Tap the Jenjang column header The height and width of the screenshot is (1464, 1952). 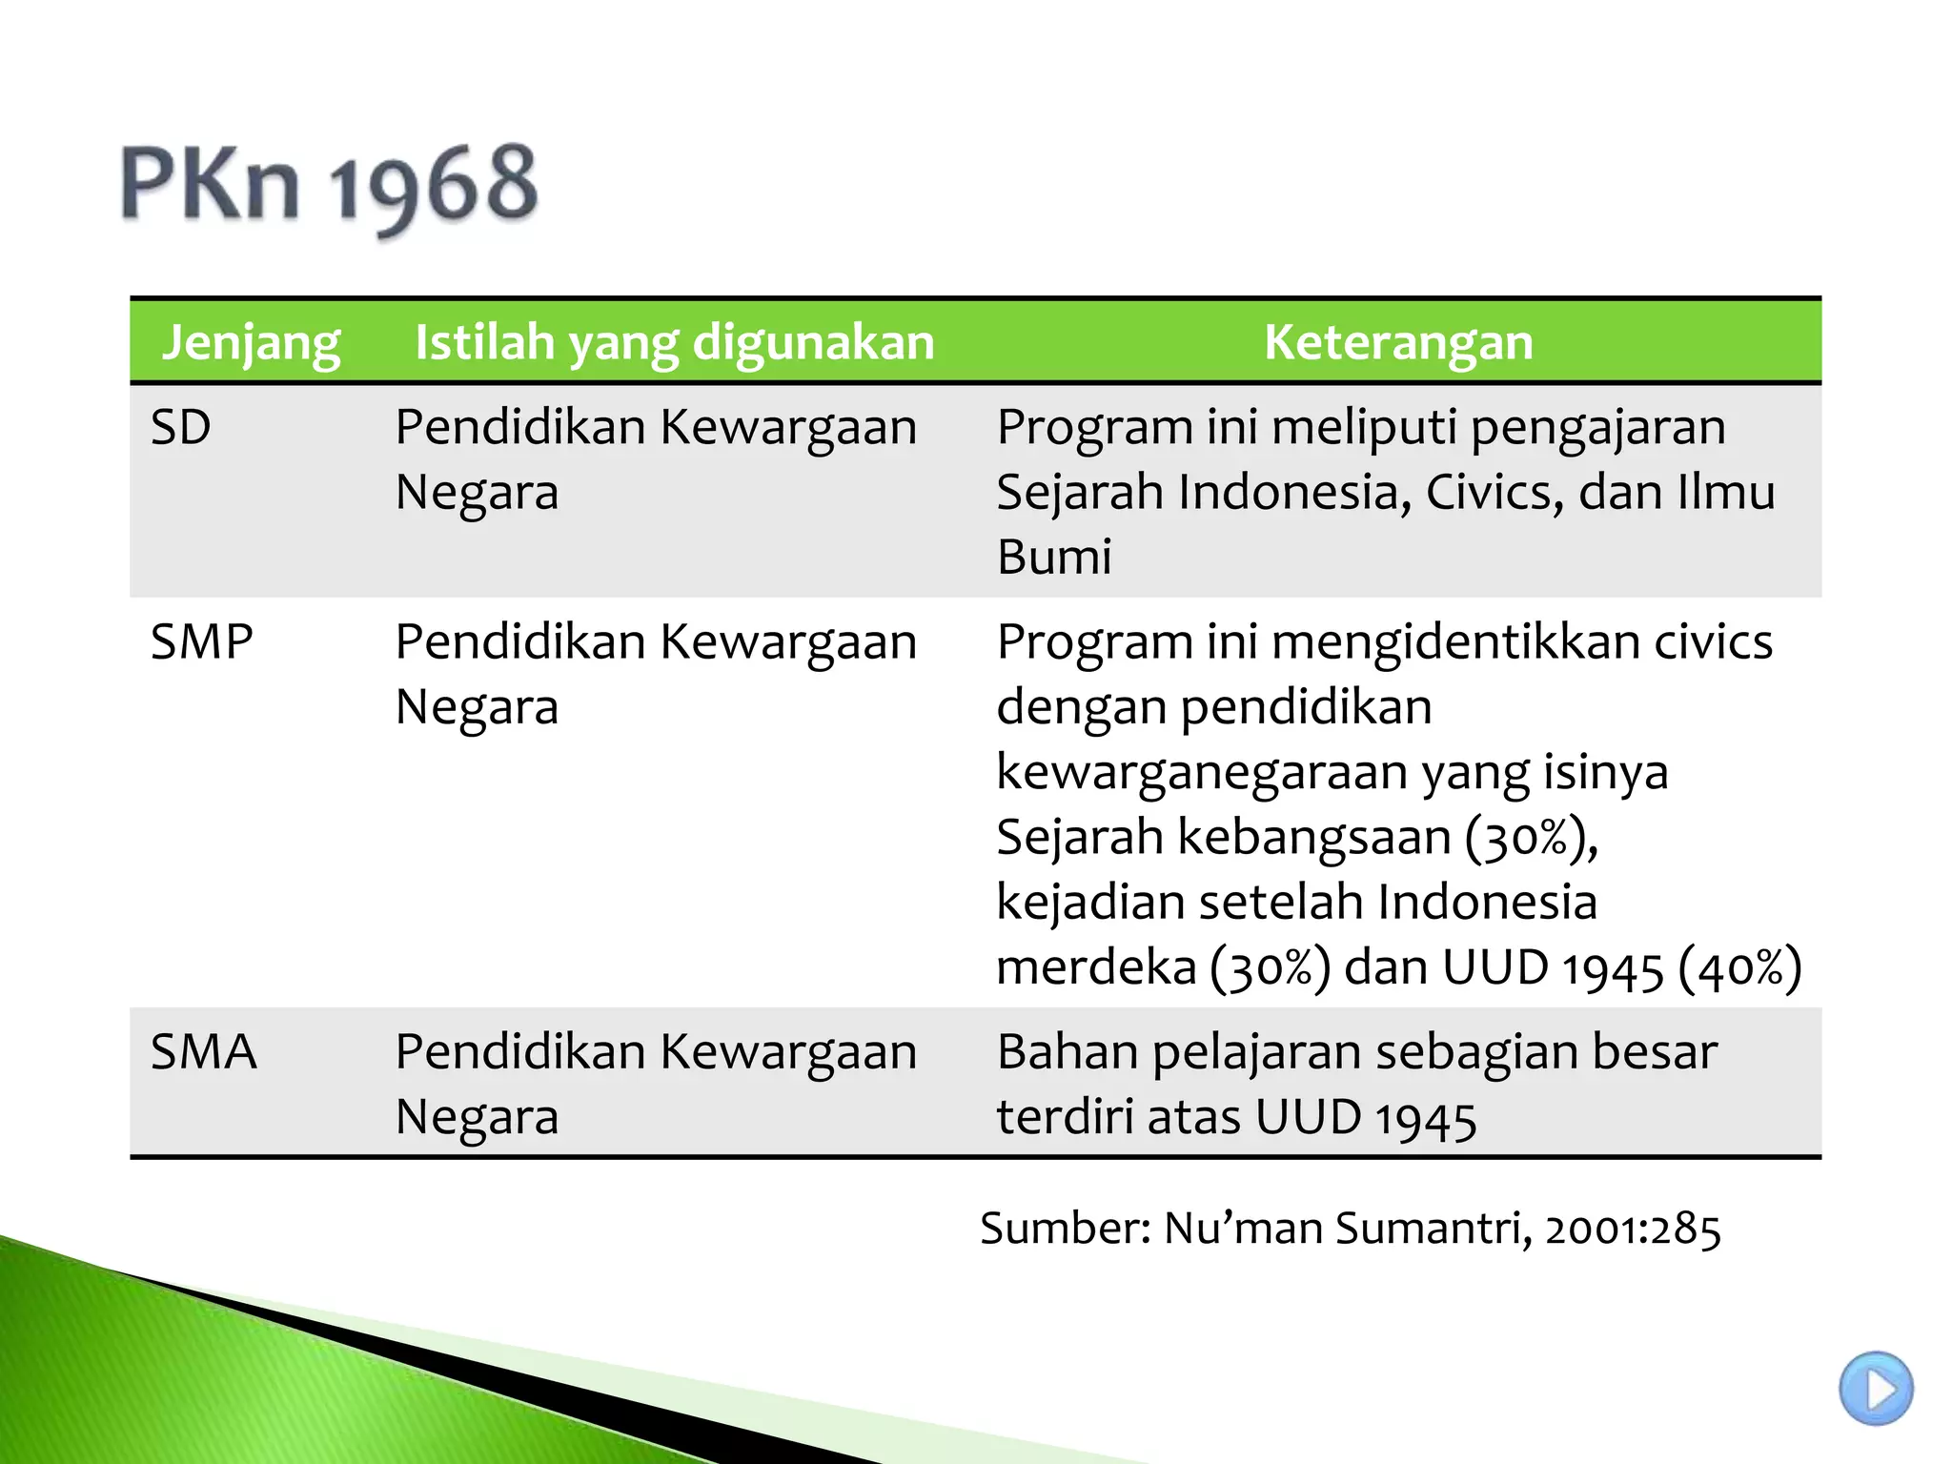pyautogui.click(x=251, y=342)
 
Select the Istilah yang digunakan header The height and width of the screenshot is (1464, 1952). pyautogui.click(x=674, y=342)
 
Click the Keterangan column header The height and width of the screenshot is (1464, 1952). pyautogui.click(x=1398, y=342)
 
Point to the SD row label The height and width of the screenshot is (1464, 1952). pyautogui.click(x=180, y=428)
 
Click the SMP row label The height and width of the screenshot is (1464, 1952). pyautogui.click(x=201, y=642)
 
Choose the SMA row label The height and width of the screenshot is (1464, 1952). pyautogui.click(x=203, y=1052)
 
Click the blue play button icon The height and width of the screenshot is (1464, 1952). pyautogui.click(x=1875, y=1389)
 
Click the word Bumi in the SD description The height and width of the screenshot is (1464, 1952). pyautogui.click(x=1054, y=558)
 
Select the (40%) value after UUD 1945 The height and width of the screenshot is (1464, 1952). pyautogui.click(x=1739, y=968)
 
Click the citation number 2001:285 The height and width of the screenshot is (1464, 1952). pyautogui.click(x=1633, y=1229)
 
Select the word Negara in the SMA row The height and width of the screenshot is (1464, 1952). pyautogui.click(x=477, y=1117)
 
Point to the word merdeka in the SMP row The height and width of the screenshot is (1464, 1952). pyautogui.click(x=1095, y=968)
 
